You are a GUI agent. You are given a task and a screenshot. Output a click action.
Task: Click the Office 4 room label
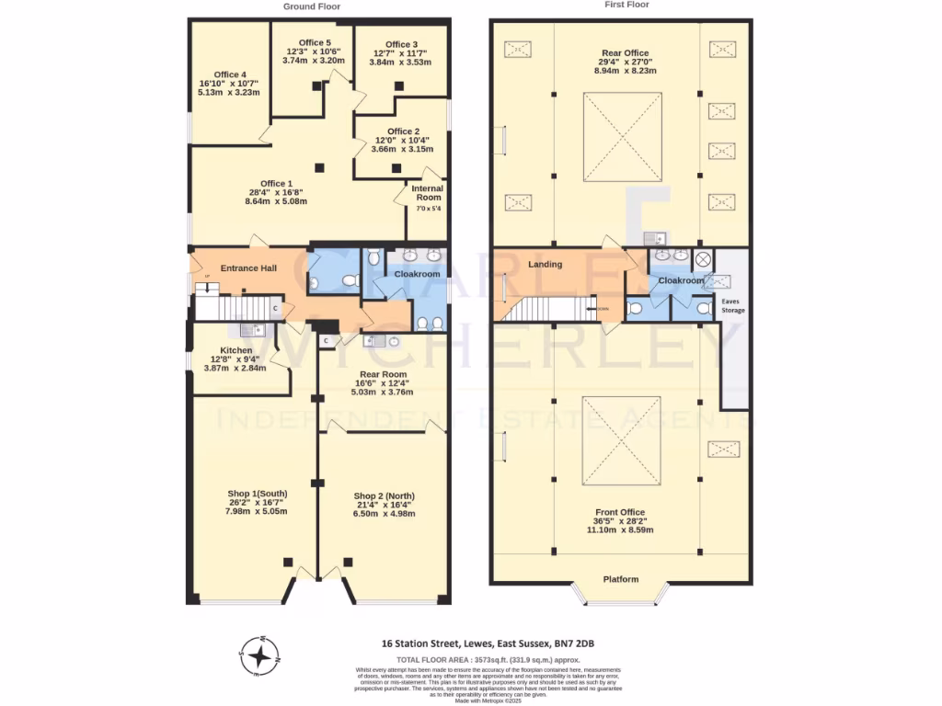click(x=229, y=74)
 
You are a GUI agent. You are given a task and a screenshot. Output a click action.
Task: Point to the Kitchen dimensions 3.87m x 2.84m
click(x=235, y=368)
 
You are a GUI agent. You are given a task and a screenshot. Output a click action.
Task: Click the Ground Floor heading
click(x=311, y=6)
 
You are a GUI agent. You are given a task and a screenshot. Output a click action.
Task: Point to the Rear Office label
click(x=623, y=52)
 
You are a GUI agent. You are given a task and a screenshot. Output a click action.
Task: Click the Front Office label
click(x=620, y=512)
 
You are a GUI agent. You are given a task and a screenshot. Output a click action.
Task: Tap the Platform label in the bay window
click(x=621, y=579)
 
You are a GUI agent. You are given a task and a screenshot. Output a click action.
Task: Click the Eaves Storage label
click(x=732, y=305)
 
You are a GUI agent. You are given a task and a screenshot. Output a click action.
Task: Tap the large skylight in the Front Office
click(x=621, y=441)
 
